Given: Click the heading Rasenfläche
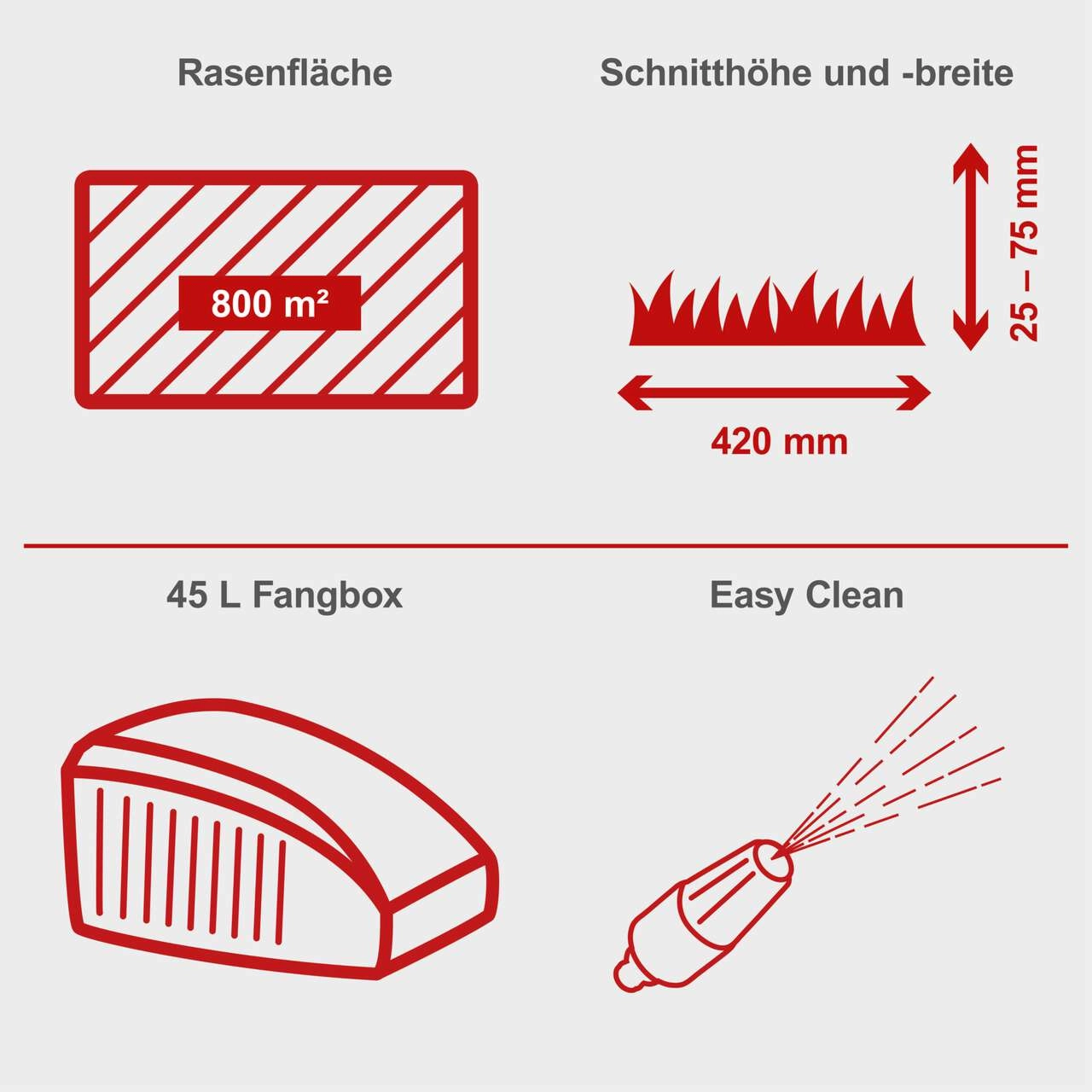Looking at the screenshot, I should [284, 73].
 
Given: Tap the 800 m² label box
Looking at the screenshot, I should [270, 303].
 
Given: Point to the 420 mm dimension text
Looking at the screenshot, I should [779, 442].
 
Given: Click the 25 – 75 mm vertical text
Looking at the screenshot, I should [1025, 244].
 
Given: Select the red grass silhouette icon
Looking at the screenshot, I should [776, 311].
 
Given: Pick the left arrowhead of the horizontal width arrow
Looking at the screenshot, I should [633, 392].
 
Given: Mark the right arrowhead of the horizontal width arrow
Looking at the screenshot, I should [915, 392].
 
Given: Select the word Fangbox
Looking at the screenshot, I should [327, 595].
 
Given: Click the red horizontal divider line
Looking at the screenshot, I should [546, 545].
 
